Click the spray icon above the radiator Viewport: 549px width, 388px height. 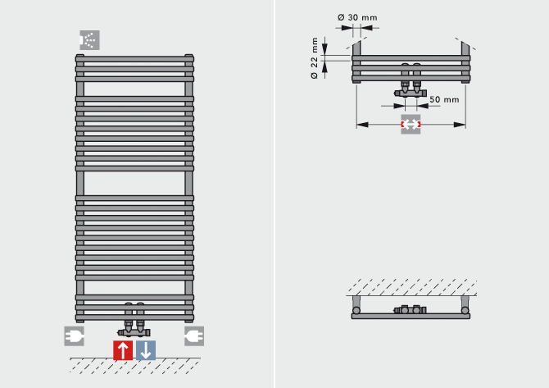pyautogui.click(x=88, y=39)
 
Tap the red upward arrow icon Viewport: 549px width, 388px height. pyautogui.click(x=123, y=350)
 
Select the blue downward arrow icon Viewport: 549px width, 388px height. pyautogui.click(x=145, y=350)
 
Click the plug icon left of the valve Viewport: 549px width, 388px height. pyautogui.click(x=75, y=336)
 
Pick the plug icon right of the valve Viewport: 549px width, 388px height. pyautogui.click(x=194, y=336)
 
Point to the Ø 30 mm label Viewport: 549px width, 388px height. pyautogui.click(x=357, y=17)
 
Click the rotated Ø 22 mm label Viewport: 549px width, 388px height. pyautogui.click(x=315, y=59)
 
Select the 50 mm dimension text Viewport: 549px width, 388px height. pyautogui.click(x=444, y=99)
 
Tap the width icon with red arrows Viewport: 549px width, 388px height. pyautogui.click(x=411, y=125)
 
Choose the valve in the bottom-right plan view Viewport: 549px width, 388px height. pyautogui.click(x=410, y=311)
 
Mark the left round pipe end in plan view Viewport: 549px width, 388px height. pyautogui.click(x=356, y=312)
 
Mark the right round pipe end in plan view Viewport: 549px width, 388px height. pyautogui.click(x=465, y=312)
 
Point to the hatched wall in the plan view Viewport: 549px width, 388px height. pyautogui.click(x=410, y=288)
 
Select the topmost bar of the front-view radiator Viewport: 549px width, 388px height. pyautogui.click(x=135, y=59)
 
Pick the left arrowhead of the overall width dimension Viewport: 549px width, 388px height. pyautogui.click(x=361, y=125)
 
